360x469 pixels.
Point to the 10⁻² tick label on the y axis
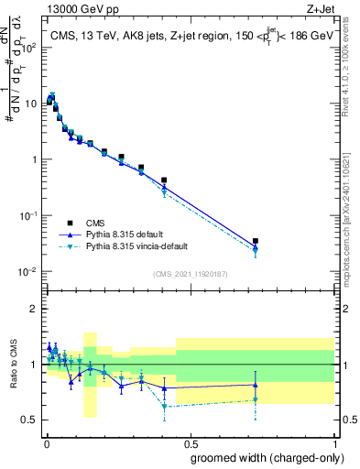point(27,272)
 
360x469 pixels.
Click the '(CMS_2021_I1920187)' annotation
point(190,274)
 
